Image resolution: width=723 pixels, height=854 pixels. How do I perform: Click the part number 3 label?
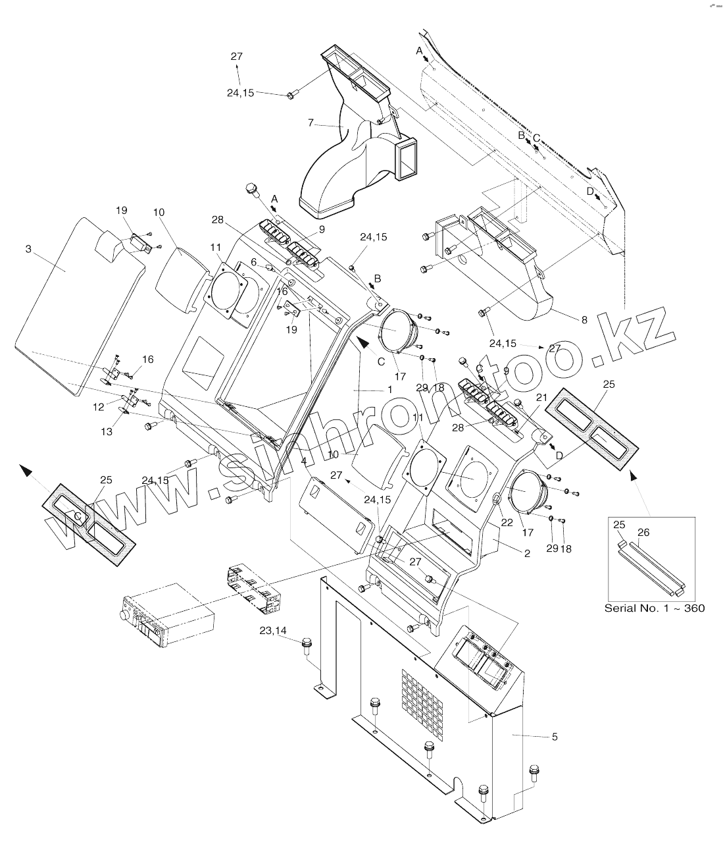click(28, 249)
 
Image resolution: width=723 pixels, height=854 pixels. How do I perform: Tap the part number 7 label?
click(311, 122)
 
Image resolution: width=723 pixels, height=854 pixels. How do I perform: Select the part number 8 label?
click(584, 321)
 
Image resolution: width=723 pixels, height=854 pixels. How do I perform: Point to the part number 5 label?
click(554, 737)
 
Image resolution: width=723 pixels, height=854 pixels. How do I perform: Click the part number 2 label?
click(527, 554)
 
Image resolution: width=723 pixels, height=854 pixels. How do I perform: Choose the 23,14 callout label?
click(273, 630)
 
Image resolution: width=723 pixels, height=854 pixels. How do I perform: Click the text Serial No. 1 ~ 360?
click(654, 608)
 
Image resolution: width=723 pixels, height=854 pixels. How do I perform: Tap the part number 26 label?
click(643, 532)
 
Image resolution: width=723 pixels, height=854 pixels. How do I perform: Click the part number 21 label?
click(541, 397)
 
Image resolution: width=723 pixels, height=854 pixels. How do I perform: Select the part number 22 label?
click(506, 522)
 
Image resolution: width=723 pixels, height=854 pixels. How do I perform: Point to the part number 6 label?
click(253, 261)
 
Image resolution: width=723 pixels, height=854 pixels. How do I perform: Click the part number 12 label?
click(98, 408)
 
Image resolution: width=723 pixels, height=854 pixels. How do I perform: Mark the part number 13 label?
click(106, 431)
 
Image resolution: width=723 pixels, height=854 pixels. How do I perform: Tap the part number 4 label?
click(303, 461)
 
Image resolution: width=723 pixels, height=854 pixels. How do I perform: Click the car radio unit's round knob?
click(122, 616)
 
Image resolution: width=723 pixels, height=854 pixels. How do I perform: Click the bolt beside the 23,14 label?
click(307, 644)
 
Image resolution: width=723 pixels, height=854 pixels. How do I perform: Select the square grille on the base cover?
click(420, 703)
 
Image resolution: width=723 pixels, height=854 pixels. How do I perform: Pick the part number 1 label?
click(389, 390)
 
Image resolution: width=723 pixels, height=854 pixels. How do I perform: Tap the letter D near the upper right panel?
click(590, 191)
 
